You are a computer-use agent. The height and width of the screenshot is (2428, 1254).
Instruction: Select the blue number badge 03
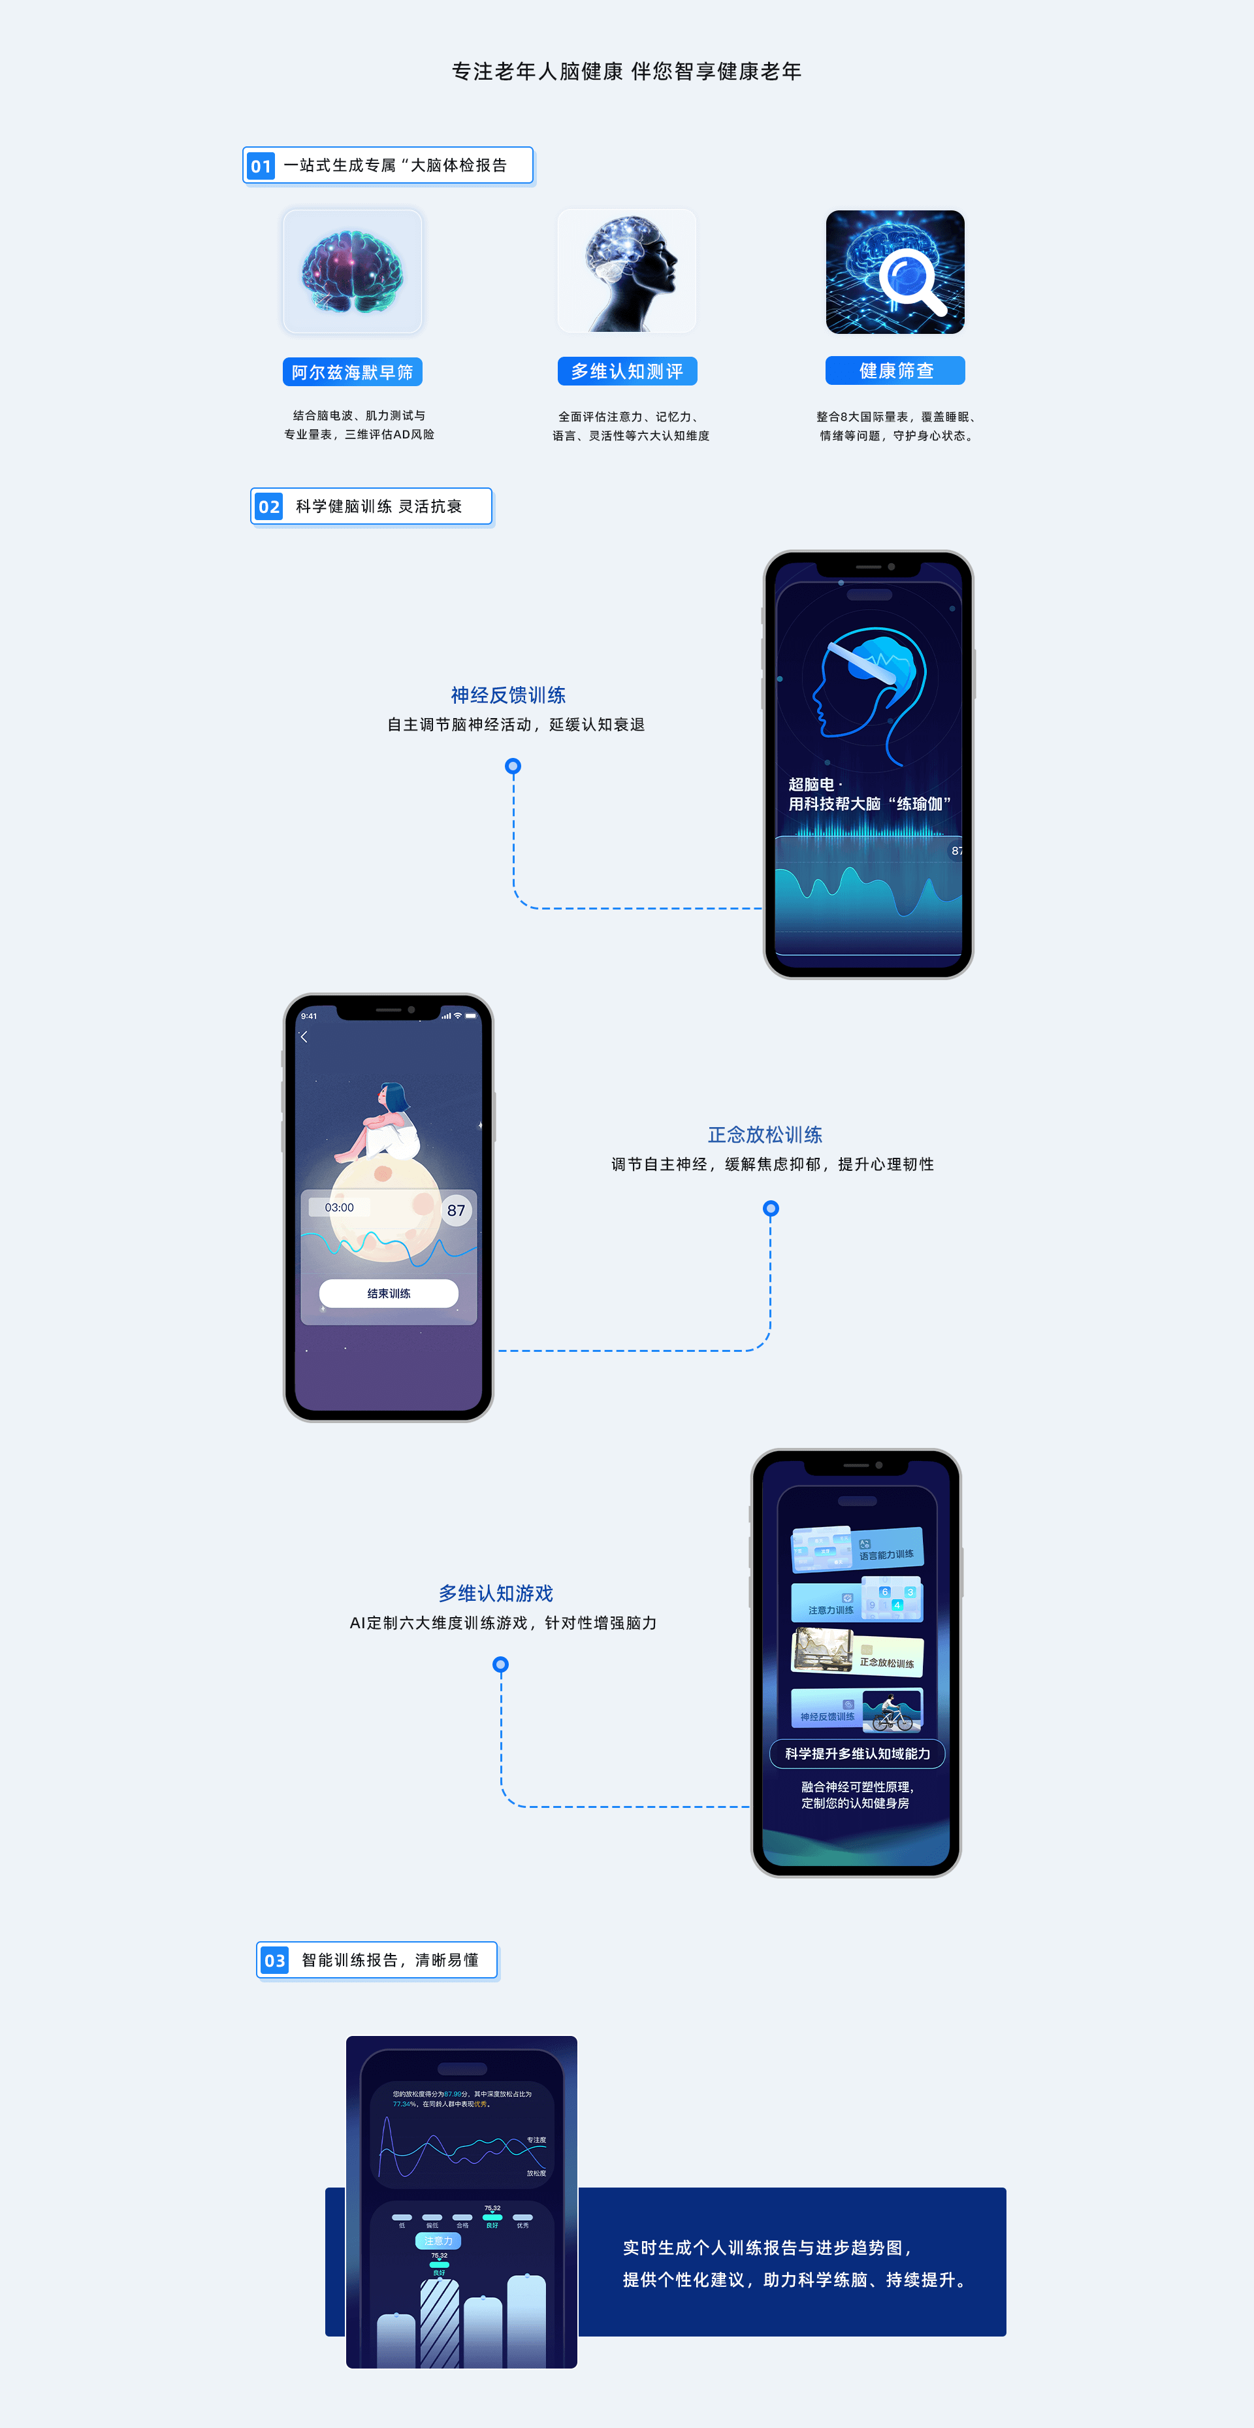pyautogui.click(x=274, y=1960)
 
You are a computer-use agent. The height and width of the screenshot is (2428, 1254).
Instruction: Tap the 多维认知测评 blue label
pyautogui.click(x=628, y=371)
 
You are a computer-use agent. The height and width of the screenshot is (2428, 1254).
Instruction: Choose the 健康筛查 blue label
pyautogui.click(x=895, y=370)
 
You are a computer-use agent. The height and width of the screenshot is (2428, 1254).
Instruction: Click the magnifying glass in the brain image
pyautogui.click(x=910, y=280)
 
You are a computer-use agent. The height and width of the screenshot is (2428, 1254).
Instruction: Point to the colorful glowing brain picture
pyautogui.click(x=353, y=271)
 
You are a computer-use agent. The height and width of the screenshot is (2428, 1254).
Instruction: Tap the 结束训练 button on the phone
pyautogui.click(x=389, y=1293)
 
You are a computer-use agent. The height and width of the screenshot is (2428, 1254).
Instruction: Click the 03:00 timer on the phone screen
pyautogui.click(x=339, y=1207)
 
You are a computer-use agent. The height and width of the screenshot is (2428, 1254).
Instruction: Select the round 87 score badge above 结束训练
pyautogui.click(x=456, y=1210)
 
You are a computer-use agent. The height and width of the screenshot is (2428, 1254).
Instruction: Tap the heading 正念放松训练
pyautogui.click(x=765, y=1135)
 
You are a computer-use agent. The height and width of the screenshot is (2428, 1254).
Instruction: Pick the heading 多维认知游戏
pyautogui.click(x=496, y=1594)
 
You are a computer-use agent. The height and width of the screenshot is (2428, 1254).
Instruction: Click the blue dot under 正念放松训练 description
pyautogui.click(x=771, y=1208)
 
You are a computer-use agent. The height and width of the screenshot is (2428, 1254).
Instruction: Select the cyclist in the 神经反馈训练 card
pyautogui.click(x=892, y=1712)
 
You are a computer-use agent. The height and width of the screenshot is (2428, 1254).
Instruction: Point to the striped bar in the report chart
pyautogui.click(x=439, y=2323)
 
